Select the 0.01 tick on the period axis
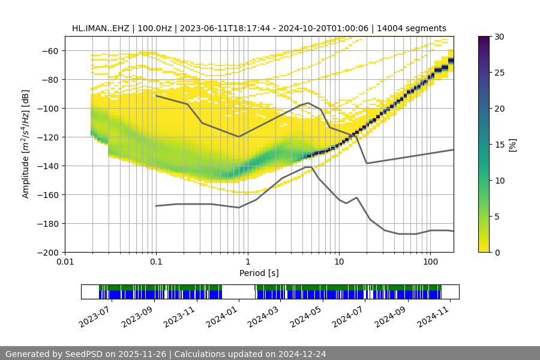point(65,262)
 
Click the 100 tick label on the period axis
point(430,262)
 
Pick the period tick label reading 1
point(248,262)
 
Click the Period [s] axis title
point(259,273)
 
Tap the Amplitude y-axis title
point(26,144)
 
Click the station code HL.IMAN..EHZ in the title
point(99,28)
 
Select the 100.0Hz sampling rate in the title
point(154,28)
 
